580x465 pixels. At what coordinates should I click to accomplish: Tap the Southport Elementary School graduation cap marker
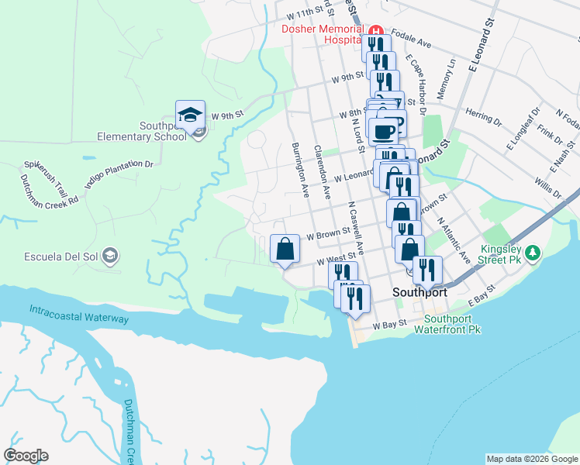pyautogui.click(x=190, y=115)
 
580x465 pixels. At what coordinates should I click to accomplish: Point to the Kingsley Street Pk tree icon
pyautogui.click(x=532, y=253)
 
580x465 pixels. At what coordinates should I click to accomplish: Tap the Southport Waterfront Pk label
pyautogui.click(x=453, y=324)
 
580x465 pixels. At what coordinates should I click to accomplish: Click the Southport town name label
pyautogui.click(x=419, y=293)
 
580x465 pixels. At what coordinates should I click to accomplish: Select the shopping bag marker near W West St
pyautogui.click(x=285, y=249)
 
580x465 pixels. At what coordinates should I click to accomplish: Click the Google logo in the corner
pyautogui.click(x=26, y=456)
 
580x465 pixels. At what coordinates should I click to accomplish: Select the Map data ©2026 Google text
pyautogui.click(x=532, y=459)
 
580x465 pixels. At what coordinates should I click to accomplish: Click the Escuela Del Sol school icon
pyautogui.click(x=110, y=255)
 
